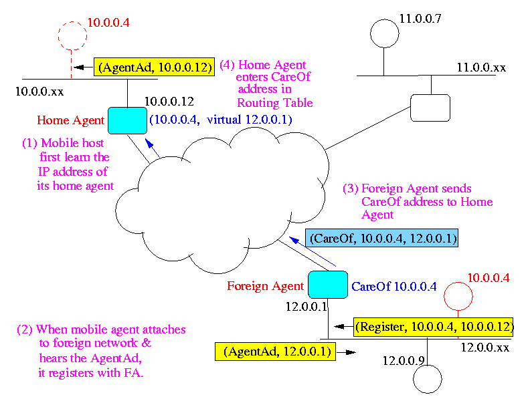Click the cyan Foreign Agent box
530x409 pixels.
coord(327,284)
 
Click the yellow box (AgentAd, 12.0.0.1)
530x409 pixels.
coord(274,351)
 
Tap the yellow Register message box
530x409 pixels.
coord(434,327)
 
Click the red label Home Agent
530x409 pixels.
coord(71,121)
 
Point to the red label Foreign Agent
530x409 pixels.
coord(265,286)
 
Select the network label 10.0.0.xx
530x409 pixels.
coord(39,90)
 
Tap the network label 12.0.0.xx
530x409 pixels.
coord(485,348)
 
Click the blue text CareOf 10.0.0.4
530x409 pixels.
coord(394,287)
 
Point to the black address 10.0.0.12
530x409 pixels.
coord(169,102)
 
